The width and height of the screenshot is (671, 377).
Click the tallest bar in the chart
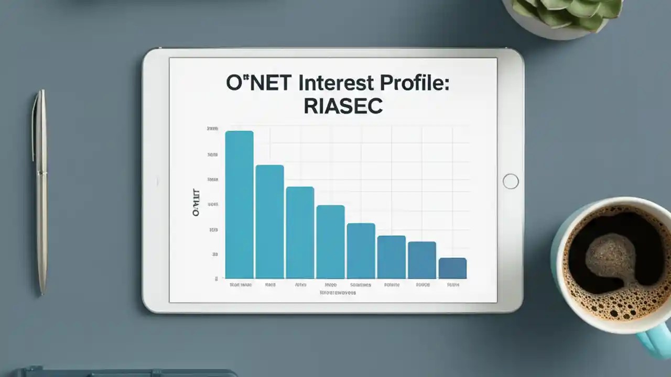(x=239, y=204)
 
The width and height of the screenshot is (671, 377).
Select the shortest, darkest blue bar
(x=452, y=268)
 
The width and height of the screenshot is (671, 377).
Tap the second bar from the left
(x=269, y=221)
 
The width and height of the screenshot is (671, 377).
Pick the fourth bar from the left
(x=330, y=241)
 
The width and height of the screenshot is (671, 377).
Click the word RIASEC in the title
(x=343, y=106)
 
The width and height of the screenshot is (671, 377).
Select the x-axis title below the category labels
(x=338, y=293)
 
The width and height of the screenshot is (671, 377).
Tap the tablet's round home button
(x=510, y=181)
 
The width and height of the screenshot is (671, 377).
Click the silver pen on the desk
(x=41, y=191)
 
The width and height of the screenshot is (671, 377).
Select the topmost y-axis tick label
(x=212, y=129)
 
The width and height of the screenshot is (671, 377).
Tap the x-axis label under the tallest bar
(x=240, y=285)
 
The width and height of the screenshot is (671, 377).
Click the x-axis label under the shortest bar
(x=453, y=285)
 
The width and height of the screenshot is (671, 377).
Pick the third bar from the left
(x=300, y=232)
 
